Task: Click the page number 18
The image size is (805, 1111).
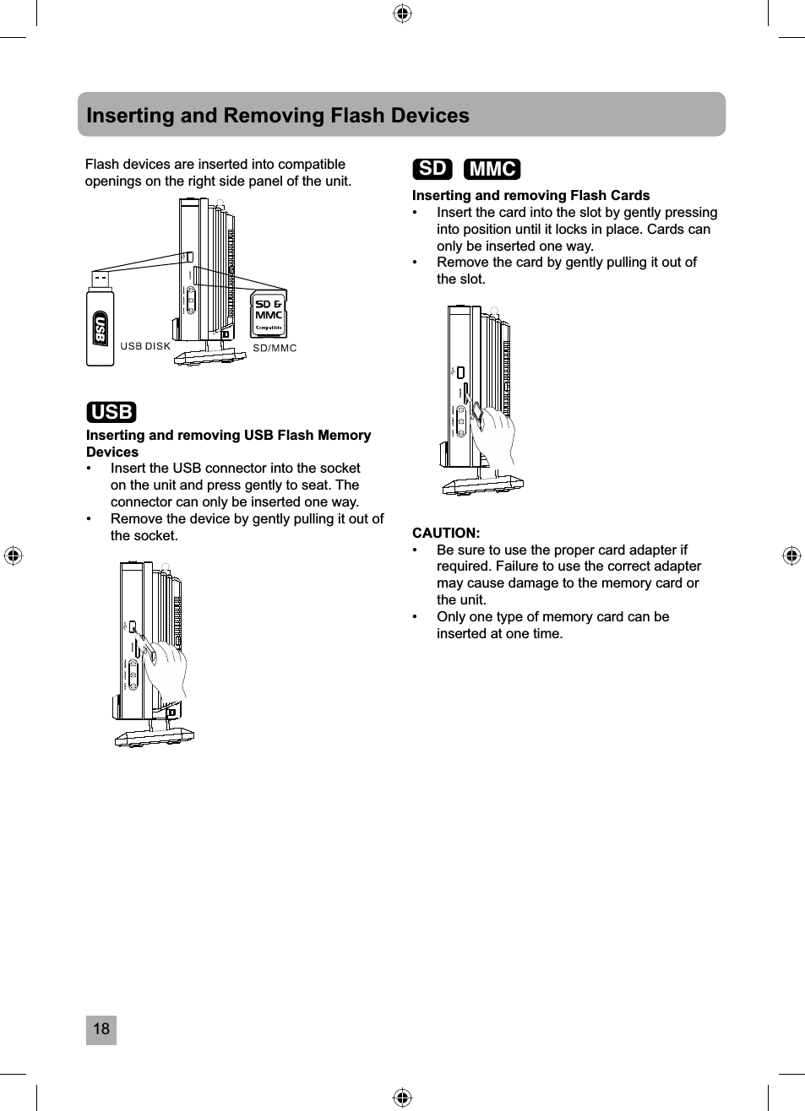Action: pyautogui.click(x=101, y=1029)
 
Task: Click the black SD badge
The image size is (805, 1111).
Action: pyautogui.click(x=432, y=169)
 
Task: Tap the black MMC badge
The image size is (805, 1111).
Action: pyautogui.click(x=492, y=169)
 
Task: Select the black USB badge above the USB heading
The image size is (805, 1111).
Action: pyautogui.click(x=112, y=412)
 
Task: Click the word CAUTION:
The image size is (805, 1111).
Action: pyautogui.click(x=446, y=533)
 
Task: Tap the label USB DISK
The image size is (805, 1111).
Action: pyautogui.click(x=145, y=346)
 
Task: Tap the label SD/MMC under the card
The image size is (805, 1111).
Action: pyautogui.click(x=275, y=348)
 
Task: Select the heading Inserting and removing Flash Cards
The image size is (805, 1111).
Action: pyautogui.click(x=530, y=195)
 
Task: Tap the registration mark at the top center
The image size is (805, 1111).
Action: pyautogui.click(x=403, y=14)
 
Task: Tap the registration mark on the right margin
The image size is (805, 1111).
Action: pyautogui.click(x=791, y=555)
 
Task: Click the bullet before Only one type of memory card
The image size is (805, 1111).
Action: pyautogui.click(x=416, y=617)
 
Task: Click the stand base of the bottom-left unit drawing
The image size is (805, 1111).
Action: pyautogui.click(x=155, y=739)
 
